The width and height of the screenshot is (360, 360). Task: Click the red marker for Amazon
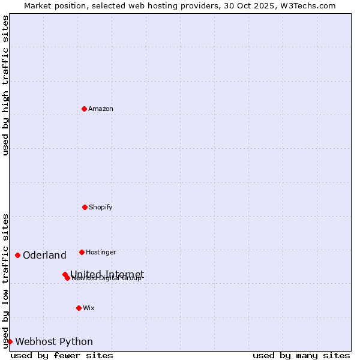coord(84,109)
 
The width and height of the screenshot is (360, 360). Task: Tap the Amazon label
coord(101,109)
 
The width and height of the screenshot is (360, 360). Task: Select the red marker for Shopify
coord(85,207)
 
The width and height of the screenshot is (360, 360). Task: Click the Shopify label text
coord(101,207)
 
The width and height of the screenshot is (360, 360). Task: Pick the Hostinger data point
coord(82,252)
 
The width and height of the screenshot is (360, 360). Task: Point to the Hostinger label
coord(101,252)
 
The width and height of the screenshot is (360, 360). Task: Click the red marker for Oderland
coord(17,255)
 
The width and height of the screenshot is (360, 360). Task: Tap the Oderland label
coord(44,255)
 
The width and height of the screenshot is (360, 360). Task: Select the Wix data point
coord(79,308)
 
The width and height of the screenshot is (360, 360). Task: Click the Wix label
coord(89,308)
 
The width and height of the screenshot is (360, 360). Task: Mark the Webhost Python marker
coord(10,341)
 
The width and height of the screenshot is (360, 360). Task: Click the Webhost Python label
coord(54,341)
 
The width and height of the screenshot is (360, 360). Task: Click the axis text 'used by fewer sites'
coord(62,355)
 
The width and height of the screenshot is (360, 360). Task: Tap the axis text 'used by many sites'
coord(301,355)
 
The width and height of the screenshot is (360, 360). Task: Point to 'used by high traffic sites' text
coord(5,86)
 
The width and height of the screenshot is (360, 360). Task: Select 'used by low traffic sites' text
coord(5,281)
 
